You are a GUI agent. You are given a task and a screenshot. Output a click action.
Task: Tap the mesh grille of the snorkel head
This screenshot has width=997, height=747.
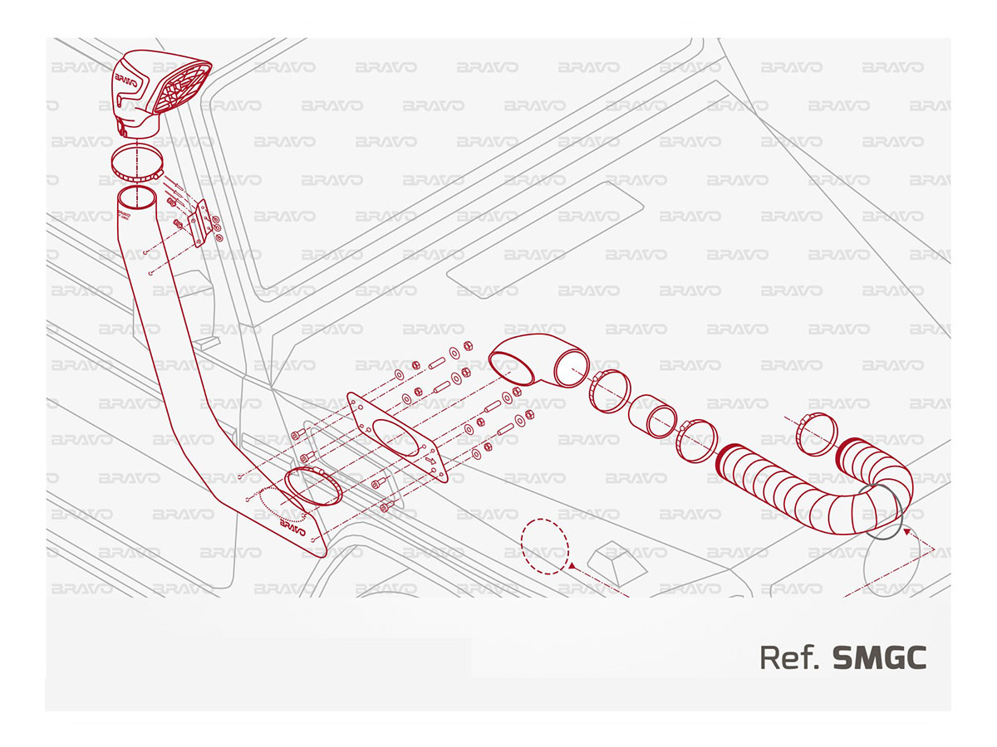[182, 90]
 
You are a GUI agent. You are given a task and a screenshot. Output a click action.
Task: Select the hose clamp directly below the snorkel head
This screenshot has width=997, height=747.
[137, 163]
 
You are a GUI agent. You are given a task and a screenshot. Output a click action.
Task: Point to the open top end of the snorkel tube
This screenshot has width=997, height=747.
[137, 198]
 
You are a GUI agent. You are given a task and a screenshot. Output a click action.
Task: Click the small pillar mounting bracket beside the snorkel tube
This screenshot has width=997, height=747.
[199, 223]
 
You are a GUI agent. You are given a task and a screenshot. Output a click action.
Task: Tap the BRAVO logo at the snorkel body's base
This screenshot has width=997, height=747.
[292, 528]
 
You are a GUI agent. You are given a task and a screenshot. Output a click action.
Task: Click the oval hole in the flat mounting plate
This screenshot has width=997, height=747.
[395, 437]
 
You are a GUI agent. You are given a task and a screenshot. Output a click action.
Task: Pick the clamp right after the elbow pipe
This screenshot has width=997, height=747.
[609, 390]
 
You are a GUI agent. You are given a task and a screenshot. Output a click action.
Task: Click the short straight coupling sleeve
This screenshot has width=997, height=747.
[652, 417]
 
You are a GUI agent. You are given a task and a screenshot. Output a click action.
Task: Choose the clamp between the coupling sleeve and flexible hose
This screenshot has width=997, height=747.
[696, 441]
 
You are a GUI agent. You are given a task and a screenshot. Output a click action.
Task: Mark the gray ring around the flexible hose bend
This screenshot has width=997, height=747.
[879, 512]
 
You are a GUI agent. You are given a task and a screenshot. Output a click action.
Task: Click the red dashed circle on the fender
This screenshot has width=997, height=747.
[544, 547]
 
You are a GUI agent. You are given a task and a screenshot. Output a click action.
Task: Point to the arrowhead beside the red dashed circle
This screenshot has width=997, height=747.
[571, 566]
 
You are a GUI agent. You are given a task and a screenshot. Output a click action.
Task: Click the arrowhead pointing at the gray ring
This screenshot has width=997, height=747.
[907, 530]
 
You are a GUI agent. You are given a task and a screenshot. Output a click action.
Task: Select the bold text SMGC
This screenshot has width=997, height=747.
[879, 658]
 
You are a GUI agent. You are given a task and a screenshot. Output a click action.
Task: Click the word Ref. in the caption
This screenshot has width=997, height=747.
[789, 658]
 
